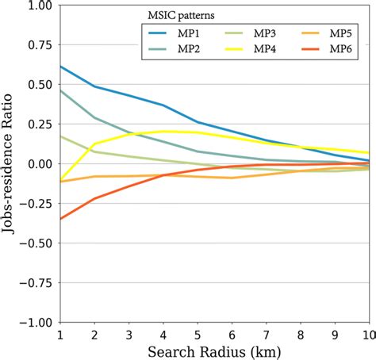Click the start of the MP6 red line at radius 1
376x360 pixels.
(x=60, y=219)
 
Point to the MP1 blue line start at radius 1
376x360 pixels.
(x=60, y=67)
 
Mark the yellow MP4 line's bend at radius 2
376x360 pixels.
(x=94, y=144)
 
